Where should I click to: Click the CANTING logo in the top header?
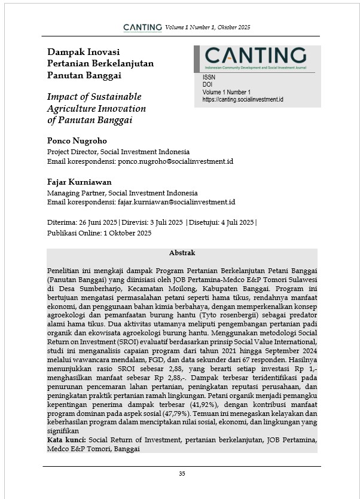[142, 27]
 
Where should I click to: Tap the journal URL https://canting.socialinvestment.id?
[243, 100]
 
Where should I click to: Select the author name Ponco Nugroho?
[77, 141]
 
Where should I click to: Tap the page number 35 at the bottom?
[182, 473]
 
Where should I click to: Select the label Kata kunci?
[66, 440]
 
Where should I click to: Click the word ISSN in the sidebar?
[209, 77]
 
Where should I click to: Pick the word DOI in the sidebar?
[208, 84]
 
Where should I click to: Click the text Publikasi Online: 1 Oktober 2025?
[99, 233]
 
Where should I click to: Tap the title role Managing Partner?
[75, 193]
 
